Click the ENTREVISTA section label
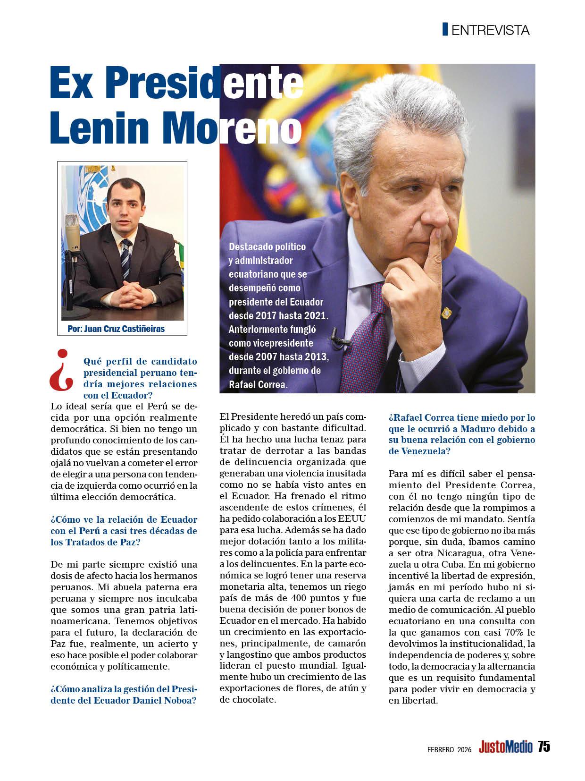coord(490,30)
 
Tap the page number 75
coord(543,747)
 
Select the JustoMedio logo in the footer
coord(505,747)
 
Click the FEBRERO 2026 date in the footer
coord(449,749)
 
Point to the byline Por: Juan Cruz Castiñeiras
coord(116,329)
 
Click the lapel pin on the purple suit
coord(446,313)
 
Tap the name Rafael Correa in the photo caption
coord(258,384)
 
